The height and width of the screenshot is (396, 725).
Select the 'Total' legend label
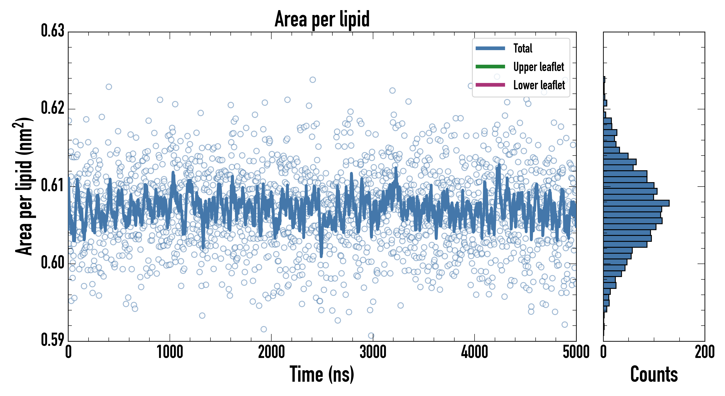coord(523,48)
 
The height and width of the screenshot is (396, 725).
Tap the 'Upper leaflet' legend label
coord(538,67)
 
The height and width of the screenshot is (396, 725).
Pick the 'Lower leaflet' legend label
coord(539,85)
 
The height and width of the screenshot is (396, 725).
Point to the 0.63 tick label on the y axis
coord(53,31)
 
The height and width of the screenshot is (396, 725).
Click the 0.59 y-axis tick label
coord(53,340)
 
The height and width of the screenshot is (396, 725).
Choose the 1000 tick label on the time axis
coord(170,352)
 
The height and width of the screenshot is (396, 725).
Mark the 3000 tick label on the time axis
coord(373,352)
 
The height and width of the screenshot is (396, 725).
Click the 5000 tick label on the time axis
coord(576,352)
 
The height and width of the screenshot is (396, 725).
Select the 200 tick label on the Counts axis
coord(704,352)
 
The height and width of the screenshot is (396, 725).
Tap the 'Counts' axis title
coord(654,374)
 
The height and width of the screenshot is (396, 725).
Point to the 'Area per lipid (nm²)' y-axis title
coord(24,186)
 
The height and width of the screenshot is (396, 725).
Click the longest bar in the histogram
coord(636,203)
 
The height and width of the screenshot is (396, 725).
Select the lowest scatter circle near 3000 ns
coord(371,335)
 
